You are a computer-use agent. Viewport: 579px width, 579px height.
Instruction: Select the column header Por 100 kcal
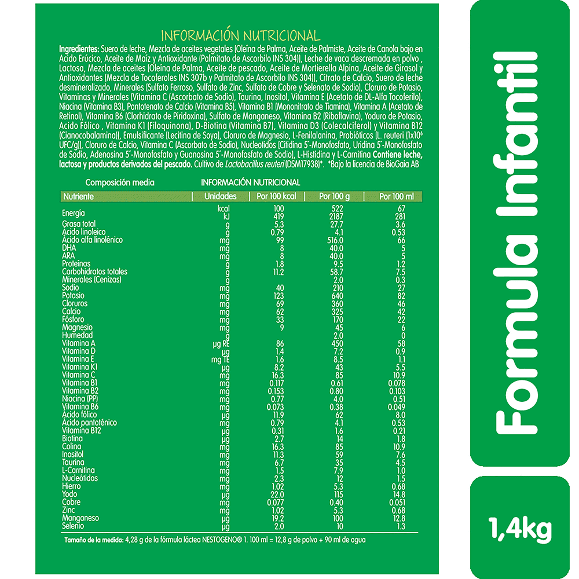click(x=276, y=197)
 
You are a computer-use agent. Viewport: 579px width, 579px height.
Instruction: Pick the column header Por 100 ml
click(x=396, y=197)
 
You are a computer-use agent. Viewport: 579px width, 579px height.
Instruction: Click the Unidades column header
click(x=221, y=197)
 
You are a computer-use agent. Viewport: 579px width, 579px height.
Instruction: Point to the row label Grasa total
click(x=79, y=223)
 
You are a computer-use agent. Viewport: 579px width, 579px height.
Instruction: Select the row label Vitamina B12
click(x=82, y=430)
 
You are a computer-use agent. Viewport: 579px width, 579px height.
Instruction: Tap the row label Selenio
click(x=73, y=526)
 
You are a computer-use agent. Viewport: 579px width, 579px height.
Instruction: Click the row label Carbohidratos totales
click(x=94, y=272)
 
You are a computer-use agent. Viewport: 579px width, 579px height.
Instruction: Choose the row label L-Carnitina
click(x=78, y=470)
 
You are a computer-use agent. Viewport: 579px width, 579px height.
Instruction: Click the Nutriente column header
click(x=79, y=197)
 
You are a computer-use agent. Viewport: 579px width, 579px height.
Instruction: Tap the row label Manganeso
click(x=80, y=518)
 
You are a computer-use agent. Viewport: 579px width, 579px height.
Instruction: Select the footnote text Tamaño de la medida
click(x=93, y=540)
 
